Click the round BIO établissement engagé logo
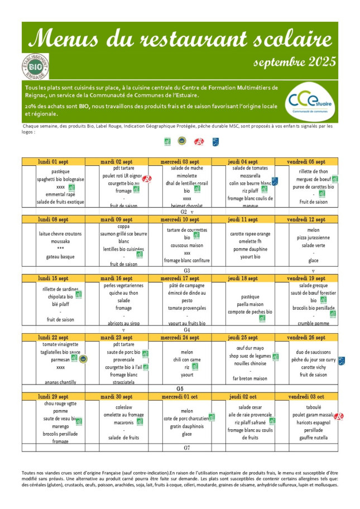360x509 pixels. (35, 66)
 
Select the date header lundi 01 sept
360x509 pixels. (54, 161)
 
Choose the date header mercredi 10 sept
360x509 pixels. (180, 219)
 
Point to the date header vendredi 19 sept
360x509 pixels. (306, 278)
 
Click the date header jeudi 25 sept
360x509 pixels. (243, 337)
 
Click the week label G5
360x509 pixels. (180, 388)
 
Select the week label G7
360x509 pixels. (187, 448)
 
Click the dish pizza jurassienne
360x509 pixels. (306, 237)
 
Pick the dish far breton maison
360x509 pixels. (243, 378)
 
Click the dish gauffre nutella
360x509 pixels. (306, 438)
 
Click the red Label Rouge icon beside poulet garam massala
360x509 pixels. (338, 416)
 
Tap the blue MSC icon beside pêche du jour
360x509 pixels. (342, 361)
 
